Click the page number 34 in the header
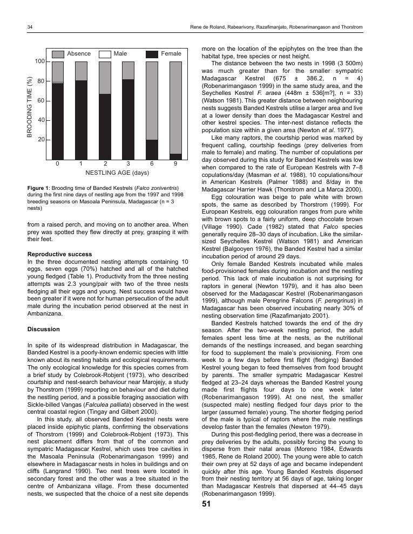[30, 27]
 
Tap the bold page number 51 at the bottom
[206, 504]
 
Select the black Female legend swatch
[152, 54]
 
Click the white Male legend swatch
[105, 54]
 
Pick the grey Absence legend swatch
[58, 54]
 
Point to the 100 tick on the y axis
[40, 62]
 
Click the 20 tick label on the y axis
[41, 140]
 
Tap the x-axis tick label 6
[152, 163]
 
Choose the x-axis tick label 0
[57, 163]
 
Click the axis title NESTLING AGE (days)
[117, 173]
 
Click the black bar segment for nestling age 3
[128, 119]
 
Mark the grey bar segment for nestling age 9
[175, 108]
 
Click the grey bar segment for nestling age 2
[105, 78]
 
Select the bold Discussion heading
[43, 329]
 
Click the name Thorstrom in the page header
[350, 27]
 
